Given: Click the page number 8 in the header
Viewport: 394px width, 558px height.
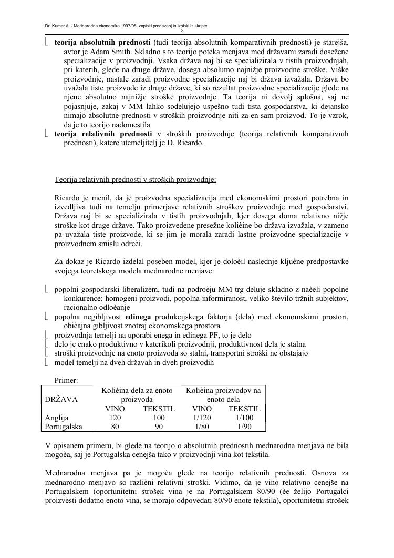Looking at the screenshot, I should click(196, 30).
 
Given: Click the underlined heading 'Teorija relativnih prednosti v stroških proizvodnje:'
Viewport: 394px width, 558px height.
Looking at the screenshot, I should click(135, 179).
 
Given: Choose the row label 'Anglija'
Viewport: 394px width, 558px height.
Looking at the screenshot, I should click(58, 418).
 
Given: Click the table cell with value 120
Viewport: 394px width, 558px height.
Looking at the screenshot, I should click(115, 418).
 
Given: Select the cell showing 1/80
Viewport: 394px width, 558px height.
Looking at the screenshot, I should click(202, 427).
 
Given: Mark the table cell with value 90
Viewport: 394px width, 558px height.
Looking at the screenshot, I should click(159, 427).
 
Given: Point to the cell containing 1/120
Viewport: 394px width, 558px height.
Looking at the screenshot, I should click(202, 418).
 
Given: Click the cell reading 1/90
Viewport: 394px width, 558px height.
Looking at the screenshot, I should click(244, 427).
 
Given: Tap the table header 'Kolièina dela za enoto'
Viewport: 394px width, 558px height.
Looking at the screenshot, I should click(137, 390).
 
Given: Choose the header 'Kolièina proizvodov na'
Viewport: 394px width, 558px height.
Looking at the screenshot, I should click(223, 390).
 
